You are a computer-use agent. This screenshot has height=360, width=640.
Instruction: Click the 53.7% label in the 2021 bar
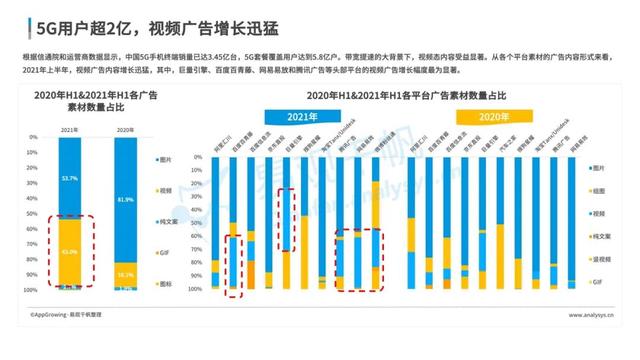pos(69,178)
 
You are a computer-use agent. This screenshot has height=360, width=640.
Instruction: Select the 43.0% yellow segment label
pos(69,251)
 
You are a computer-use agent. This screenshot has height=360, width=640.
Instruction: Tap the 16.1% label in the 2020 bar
pos(125,273)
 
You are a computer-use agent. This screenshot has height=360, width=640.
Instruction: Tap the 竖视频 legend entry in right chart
pos(602,260)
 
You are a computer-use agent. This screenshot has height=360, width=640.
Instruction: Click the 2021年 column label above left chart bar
pos(69,130)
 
